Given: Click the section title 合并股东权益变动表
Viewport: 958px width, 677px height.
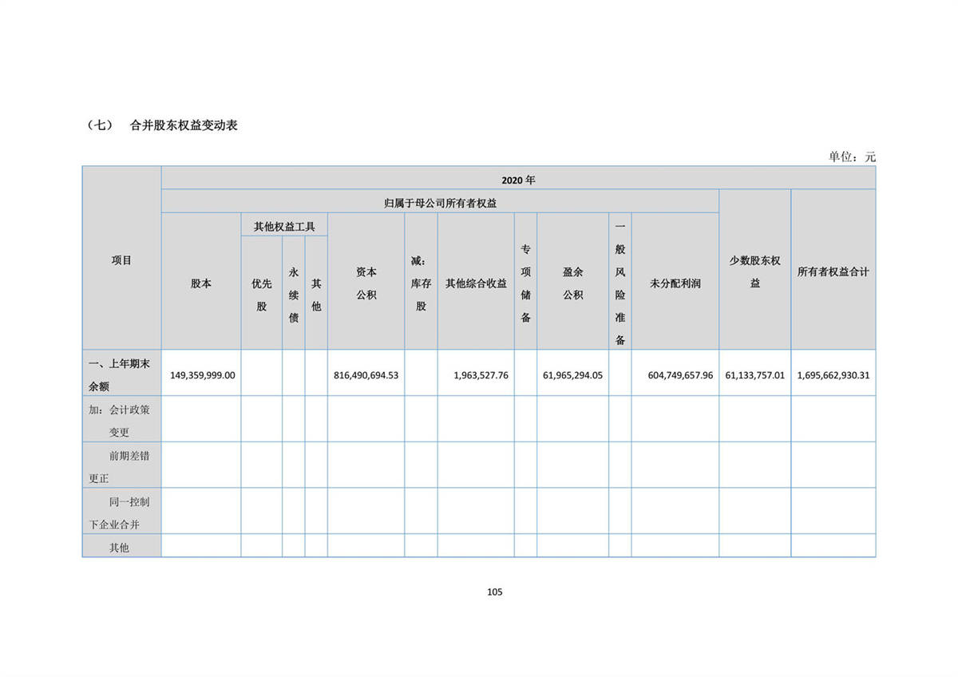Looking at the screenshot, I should [184, 125].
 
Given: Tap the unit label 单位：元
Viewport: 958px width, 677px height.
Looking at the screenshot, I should [852, 157].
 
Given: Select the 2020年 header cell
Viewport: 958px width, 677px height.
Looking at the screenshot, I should [518, 180].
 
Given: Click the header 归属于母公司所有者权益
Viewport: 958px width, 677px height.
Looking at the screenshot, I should [440, 204].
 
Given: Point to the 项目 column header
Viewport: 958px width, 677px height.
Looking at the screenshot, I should [121, 260].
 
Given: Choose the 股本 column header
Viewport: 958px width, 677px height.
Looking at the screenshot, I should [201, 283].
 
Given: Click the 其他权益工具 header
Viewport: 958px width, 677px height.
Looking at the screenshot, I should [284, 227].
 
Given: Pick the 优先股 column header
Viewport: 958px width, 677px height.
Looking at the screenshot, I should [262, 295].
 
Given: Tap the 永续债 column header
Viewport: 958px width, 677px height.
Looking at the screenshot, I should [293, 295].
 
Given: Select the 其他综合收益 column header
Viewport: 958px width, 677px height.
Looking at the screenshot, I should [476, 283].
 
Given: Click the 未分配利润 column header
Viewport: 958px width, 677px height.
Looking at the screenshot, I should [675, 283].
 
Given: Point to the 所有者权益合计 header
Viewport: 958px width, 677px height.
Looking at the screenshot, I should [833, 272].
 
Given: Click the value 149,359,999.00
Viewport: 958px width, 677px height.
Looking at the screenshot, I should [203, 374].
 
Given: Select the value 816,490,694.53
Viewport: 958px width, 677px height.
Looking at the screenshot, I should [366, 374].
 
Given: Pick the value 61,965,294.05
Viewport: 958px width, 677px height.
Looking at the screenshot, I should [572, 374].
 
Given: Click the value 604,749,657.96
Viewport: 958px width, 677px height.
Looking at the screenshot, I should [675, 374].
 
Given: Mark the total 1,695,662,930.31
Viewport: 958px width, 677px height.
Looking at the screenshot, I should [833, 374].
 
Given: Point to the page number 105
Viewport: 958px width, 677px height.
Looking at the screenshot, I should [494, 592].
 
